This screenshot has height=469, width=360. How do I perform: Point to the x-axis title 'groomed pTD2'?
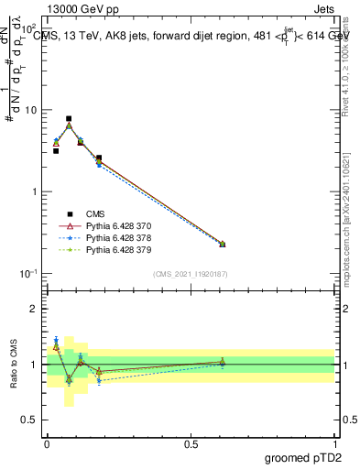coord(302,456)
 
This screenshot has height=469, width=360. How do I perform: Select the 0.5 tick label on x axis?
coord(191,443)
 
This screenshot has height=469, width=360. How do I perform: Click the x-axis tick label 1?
coord(335,443)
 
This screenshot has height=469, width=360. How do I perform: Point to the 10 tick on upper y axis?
coord(31,110)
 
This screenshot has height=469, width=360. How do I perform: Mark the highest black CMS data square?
coord(69,119)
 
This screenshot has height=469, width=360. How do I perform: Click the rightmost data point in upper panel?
coord(223,244)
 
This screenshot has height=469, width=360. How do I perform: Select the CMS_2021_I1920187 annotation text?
coord(191,274)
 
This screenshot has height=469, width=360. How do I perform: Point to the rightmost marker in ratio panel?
coord(223,363)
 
